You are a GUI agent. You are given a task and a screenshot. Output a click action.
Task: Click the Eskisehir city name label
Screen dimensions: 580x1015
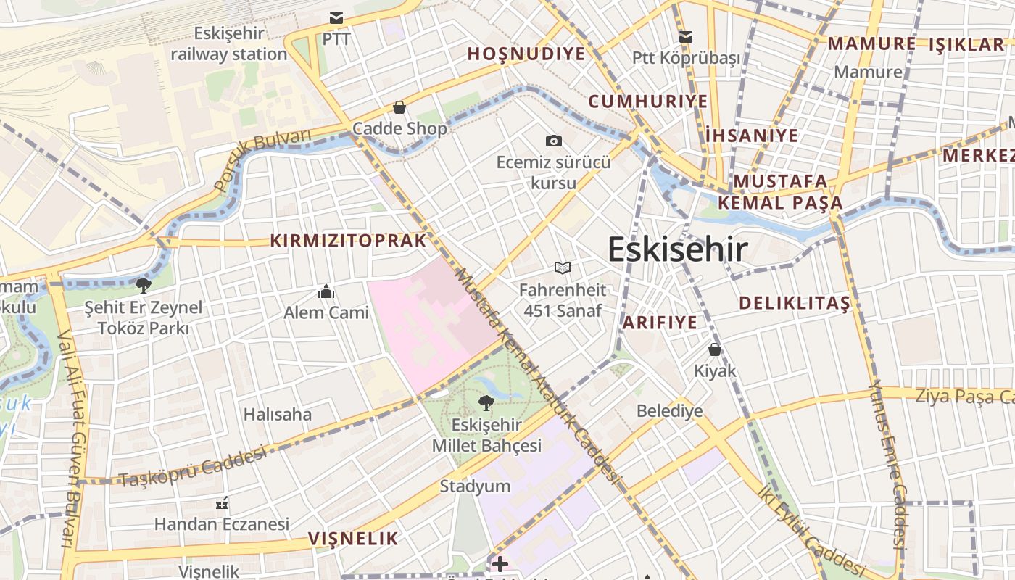pos(677,249)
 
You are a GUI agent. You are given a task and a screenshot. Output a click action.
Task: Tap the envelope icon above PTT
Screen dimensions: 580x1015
pos(336,18)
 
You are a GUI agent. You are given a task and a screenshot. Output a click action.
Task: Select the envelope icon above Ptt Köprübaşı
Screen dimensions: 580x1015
pos(685,36)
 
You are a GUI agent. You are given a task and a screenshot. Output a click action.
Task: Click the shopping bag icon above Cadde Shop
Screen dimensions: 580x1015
pos(399,108)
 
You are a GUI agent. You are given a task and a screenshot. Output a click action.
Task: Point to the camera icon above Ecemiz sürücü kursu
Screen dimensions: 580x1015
pos(554,141)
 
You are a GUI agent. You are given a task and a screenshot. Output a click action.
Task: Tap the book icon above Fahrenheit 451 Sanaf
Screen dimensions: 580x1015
pos(562,268)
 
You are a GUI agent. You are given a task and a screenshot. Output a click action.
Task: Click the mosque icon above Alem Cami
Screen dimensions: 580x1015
pos(326,291)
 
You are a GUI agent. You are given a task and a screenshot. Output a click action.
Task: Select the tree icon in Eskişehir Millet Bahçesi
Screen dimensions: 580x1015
pos(486,403)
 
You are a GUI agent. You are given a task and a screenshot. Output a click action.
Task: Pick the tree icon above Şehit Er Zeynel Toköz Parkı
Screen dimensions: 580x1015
pos(144,286)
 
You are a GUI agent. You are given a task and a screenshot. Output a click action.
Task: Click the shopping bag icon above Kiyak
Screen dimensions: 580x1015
pos(715,349)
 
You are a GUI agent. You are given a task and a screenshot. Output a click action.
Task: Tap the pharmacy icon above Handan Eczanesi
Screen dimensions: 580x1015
pos(222,502)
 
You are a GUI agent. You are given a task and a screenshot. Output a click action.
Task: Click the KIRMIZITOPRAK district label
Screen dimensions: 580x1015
pos(349,241)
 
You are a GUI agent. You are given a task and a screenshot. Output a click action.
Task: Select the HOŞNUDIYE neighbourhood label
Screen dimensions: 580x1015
pos(526,54)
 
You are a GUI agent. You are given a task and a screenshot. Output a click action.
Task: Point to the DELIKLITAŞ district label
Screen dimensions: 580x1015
pos(794,303)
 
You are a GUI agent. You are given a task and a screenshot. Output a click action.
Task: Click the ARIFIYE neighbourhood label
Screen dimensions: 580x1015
pos(660,323)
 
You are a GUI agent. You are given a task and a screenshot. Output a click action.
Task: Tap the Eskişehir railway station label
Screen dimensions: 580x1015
pos(229,43)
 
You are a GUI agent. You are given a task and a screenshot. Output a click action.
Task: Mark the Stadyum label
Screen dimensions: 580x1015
pos(475,486)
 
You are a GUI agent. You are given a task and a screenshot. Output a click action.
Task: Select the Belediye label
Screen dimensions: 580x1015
pos(669,411)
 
